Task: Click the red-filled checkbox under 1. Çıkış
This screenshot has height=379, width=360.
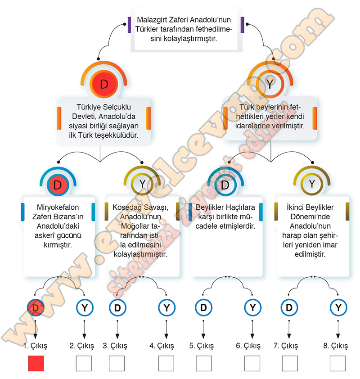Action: [36, 363]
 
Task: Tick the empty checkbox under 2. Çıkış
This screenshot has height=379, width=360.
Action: [83, 363]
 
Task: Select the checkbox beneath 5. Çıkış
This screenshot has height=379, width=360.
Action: [203, 363]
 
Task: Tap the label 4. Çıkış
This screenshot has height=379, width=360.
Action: [162, 346]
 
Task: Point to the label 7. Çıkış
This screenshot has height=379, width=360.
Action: [286, 346]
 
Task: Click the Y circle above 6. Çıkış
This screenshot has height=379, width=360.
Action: [252, 308]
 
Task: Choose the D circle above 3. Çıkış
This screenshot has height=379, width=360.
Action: [117, 308]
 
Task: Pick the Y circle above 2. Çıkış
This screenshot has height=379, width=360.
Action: [84, 308]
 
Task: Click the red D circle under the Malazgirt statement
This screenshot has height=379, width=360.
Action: [104, 84]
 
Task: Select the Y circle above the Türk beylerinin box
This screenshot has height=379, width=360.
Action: [270, 84]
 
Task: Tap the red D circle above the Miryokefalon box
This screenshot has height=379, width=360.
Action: [57, 185]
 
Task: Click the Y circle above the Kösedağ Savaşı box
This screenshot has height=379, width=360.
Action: [143, 184]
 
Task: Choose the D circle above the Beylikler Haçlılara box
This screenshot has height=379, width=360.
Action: [225, 185]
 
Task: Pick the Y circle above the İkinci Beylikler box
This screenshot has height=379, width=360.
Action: [312, 184]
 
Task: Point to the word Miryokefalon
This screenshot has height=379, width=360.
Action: [57, 208]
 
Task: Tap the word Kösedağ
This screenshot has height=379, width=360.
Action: [130, 208]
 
